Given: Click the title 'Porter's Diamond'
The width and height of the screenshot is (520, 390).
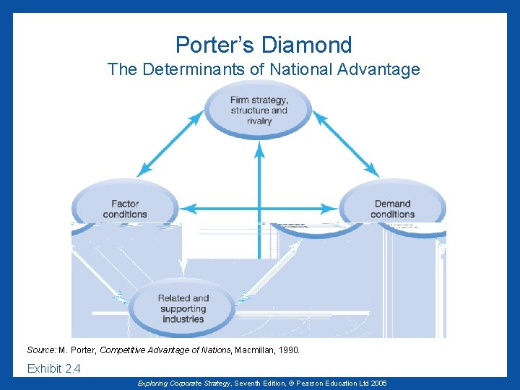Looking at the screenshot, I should coord(264,45).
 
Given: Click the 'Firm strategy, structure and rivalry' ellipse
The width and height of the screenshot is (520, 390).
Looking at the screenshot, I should coord(259,110).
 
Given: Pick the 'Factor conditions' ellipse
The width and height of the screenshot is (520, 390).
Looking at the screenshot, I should coord(124,208).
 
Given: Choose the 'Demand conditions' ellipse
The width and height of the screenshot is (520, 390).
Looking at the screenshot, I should coord(392,208).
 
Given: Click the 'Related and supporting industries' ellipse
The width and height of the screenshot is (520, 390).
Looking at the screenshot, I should coord(183,308).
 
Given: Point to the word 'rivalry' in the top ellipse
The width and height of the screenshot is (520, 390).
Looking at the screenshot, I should coord(259,121).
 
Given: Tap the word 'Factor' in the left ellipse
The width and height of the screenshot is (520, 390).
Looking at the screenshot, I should coord(125,204).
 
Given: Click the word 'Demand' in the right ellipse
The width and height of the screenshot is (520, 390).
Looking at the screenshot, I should coord(392,204).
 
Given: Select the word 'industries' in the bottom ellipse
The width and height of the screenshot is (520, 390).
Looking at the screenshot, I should coord(183,318).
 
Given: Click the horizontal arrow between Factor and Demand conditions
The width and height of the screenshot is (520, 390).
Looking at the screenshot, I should coord(259,209).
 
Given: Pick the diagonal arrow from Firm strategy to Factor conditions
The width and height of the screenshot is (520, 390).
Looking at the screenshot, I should coord(170,144).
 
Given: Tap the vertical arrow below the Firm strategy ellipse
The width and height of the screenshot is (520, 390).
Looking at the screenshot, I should coord(259,188).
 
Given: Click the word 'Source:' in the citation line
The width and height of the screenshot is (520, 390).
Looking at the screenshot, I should coord(42,350).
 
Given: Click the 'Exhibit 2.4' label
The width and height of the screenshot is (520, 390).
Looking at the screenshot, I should coord(53,369).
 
